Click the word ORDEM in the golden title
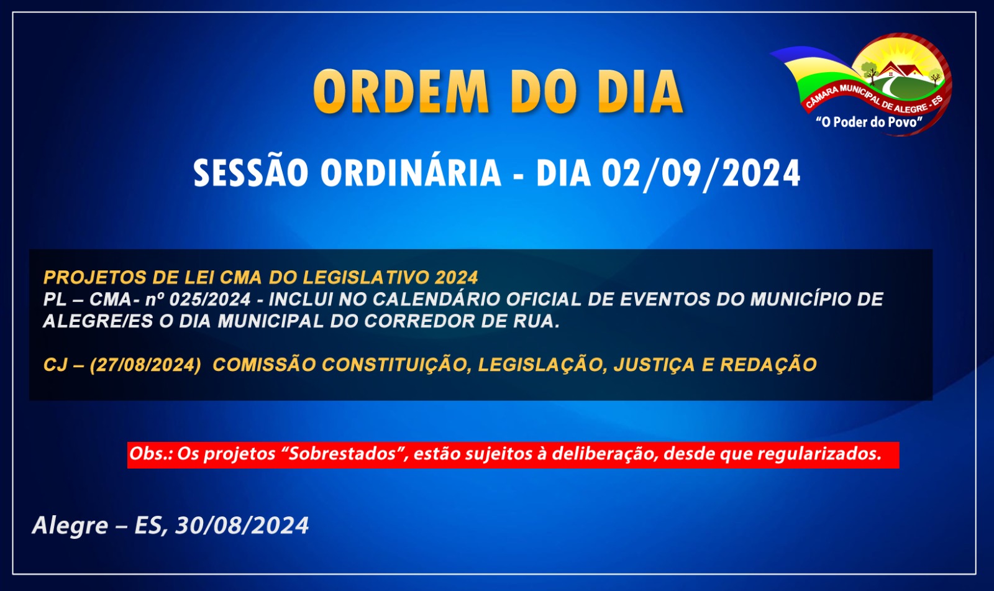click(x=401, y=92)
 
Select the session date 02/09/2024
click(x=701, y=173)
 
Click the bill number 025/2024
click(x=211, y=300)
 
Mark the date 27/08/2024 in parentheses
click(x=145, y=365)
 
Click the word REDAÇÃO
click(x=768, y=365)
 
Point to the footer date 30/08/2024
click(x=242, y=526)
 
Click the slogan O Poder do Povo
click(x=869, y=122)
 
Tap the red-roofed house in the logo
click(x=900, y=70)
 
